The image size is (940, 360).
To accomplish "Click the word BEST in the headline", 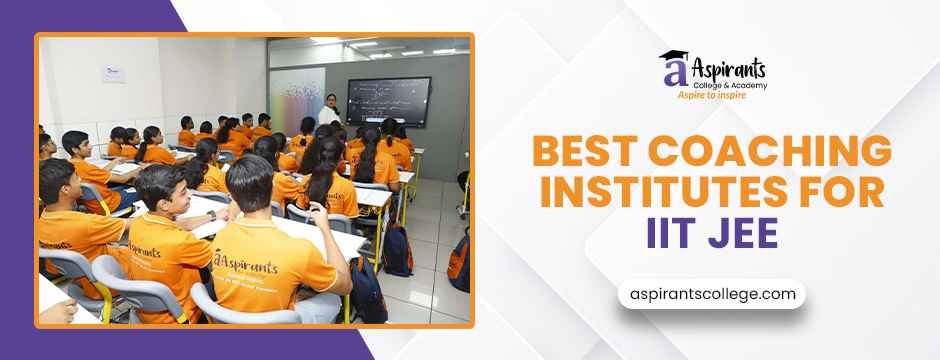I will pos(580,152).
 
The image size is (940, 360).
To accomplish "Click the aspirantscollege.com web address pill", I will pos(712,294).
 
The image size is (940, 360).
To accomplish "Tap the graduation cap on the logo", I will pos(671,57).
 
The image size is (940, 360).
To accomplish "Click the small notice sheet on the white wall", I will pos(113,72).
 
